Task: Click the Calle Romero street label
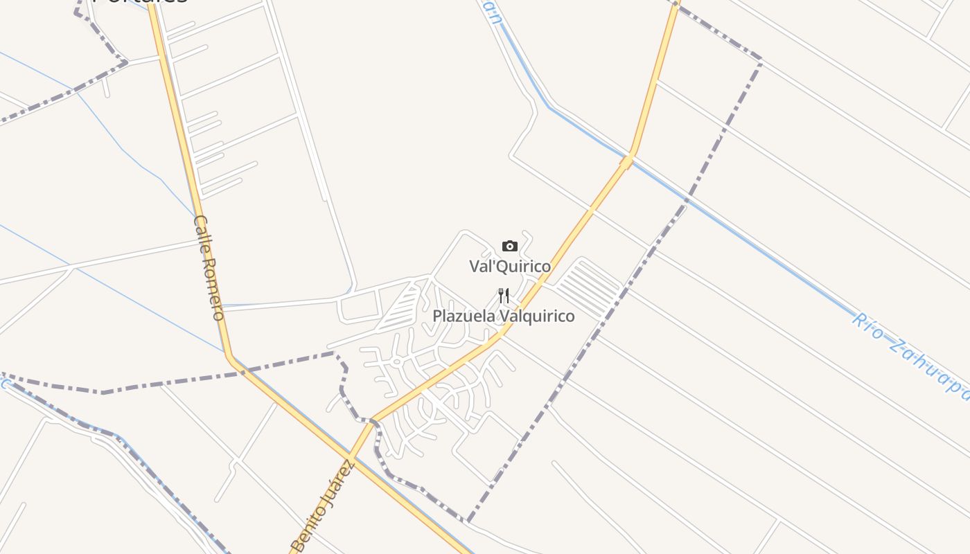point(209,268)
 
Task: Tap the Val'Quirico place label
point(510,266)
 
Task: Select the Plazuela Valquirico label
point(504,316)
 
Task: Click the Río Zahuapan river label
point(910,355)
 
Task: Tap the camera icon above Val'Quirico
point(510,246)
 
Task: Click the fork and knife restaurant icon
point(504,296)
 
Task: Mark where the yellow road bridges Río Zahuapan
point(627,161)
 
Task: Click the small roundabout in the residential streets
point(397,361)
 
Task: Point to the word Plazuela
point(463,316)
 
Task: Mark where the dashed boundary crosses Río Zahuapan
point(687,198)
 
